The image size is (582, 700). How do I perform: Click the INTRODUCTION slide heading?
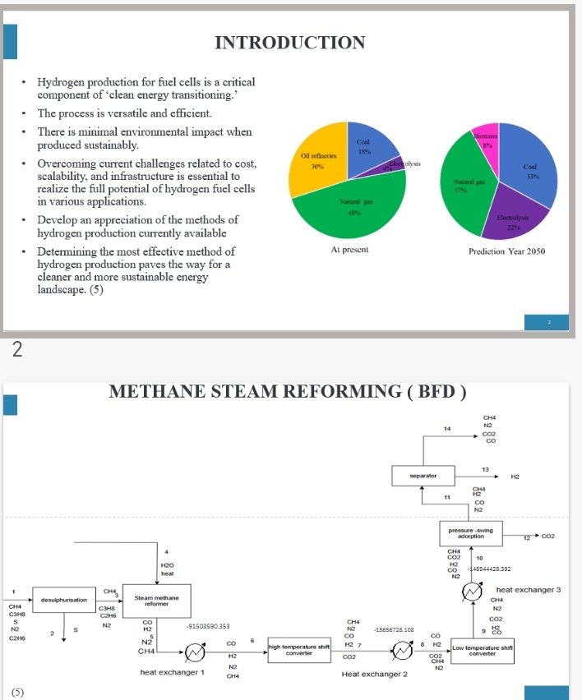pos(289,43)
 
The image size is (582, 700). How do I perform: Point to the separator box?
pos(423,475)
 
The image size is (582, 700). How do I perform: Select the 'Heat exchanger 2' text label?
pos(375,675)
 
